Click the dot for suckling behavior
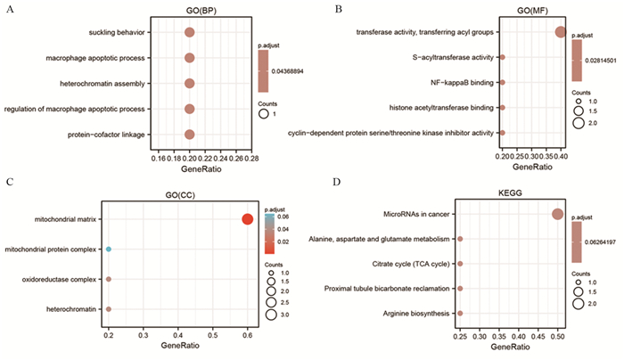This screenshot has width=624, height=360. point(189,33)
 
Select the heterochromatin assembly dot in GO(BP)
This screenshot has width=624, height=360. point(189,84)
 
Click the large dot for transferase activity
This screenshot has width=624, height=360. point(560,32)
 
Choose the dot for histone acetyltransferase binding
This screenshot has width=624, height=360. point(503,108)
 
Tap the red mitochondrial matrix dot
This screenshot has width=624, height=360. point(247,219)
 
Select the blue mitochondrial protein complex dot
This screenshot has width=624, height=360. point(109,249)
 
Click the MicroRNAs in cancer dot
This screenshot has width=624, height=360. point(557,214)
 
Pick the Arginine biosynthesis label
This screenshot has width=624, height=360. point(408,314)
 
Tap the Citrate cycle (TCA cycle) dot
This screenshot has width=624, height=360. point(460,264)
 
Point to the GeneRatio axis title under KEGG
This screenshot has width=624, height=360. point(510,348)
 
